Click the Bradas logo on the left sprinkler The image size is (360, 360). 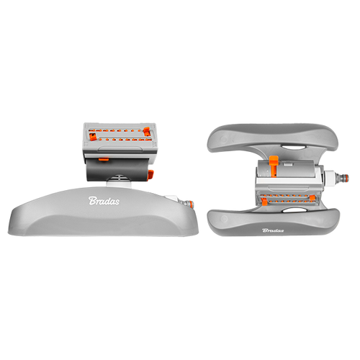coord(104,201)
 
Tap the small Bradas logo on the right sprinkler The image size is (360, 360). coord(273,230)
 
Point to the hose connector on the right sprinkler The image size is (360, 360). coord(340,178)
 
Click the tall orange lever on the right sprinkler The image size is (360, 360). coord(274,166)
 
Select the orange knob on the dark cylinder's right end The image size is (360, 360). coord(151,174)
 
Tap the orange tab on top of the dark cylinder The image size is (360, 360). coord(104,159)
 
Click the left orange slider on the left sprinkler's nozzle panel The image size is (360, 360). coord(93,137)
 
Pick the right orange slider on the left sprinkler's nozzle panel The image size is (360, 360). coord(147,132)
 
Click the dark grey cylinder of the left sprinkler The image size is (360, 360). coord(117,169)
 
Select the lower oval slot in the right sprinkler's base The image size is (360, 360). coord(293,210)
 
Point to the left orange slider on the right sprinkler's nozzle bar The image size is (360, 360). coord(264,201)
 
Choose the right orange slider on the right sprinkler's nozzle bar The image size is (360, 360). coord(312,198)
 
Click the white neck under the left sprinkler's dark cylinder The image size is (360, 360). coord(119,184)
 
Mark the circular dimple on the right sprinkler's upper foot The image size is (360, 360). coord(224,139)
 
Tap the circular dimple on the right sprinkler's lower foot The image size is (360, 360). coord(224,219)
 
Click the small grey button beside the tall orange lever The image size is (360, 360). coord(287,164)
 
